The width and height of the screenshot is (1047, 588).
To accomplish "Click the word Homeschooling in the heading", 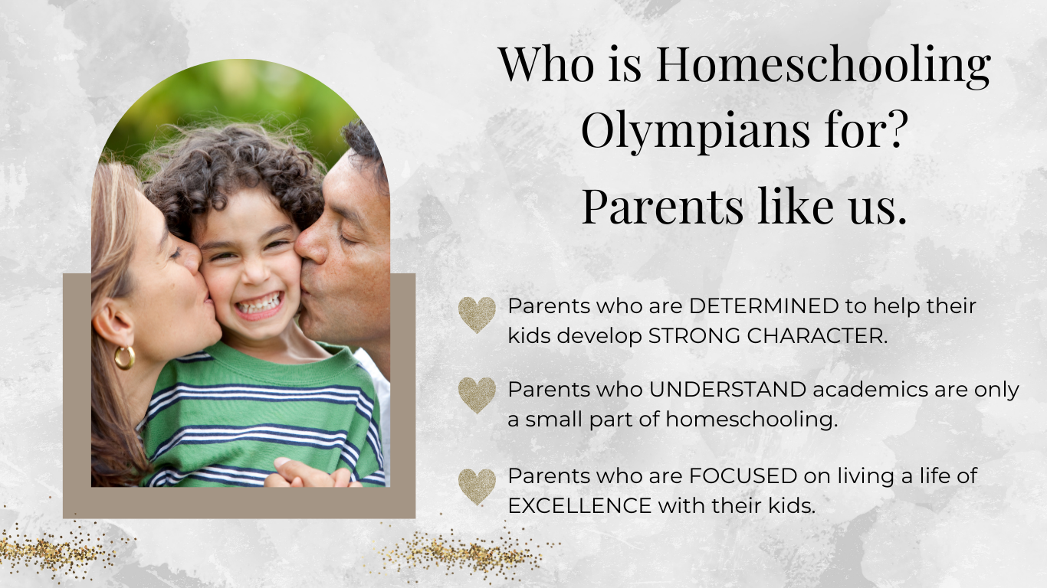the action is pyautogui.click(x=823, y=65).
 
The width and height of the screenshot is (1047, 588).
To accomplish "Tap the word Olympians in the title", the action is pyautogui.click(x=695, y=132).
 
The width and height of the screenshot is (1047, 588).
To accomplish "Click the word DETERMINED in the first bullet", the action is pyautogui.click(x=763, y=306).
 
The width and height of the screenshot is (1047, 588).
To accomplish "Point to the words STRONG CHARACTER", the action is pyautogui.click(x=767, y=336).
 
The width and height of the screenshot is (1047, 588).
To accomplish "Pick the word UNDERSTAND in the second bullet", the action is pyautogui.click(x=727, y=390).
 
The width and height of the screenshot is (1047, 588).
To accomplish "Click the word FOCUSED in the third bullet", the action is pyautogui.click(x=743, y=476).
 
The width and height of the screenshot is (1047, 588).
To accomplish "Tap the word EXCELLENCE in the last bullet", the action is pyautogui.click(x=579, y=506).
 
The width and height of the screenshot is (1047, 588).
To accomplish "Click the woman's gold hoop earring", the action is pyautogui.click(x=124, y=358).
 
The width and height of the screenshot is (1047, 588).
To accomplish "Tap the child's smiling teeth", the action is pyautogui.click(x=259, y=305).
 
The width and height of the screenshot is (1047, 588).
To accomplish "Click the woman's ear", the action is pyautogui.click(x=112, y=322).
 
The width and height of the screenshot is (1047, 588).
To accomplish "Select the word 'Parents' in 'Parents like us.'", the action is pyautogui.click(x=662, y=206).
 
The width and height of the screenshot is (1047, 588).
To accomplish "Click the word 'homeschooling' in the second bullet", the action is pyautogui.click(x=752, y=420).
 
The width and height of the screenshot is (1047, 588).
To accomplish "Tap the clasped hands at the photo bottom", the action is pyautogui.click(x=308, y=474).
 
